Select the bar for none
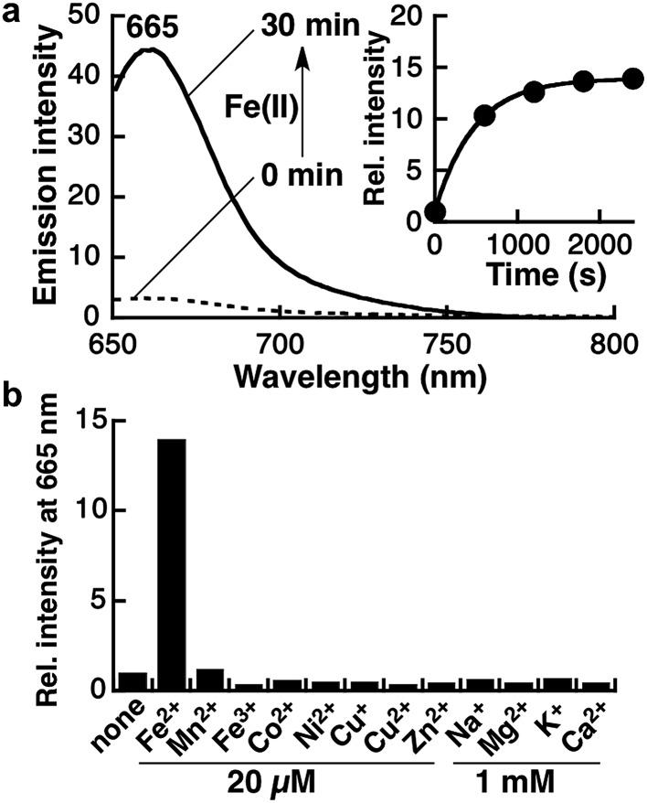point(133,681)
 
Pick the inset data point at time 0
point(435,211)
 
